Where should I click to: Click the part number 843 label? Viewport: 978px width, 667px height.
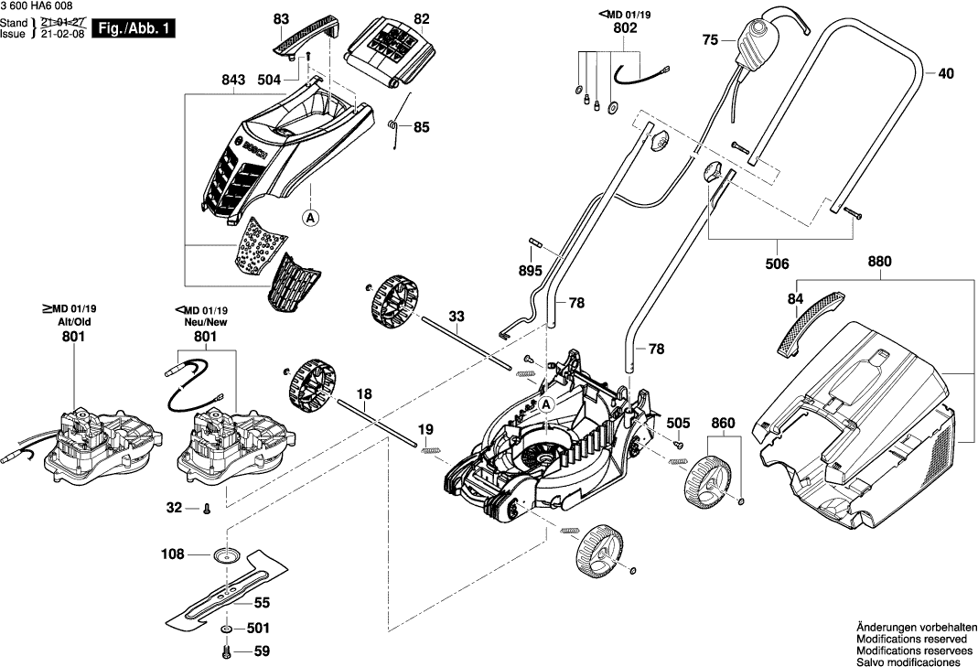[x=233, y=81]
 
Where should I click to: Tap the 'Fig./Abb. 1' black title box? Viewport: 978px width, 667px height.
[x=134, y=29]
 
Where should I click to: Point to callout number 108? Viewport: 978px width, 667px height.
[x=172, y=554]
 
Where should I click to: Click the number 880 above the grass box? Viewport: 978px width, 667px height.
[x=878, y=261]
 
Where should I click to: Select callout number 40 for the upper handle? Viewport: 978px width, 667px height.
[x=945, y=72]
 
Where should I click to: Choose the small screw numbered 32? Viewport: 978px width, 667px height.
[x=209, y=507]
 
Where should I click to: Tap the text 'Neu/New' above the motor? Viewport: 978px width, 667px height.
[x=206, y=323]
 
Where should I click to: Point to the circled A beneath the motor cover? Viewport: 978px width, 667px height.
[x=310, y=218]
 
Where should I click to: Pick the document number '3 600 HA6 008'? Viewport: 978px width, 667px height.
[x=39, y=6]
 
